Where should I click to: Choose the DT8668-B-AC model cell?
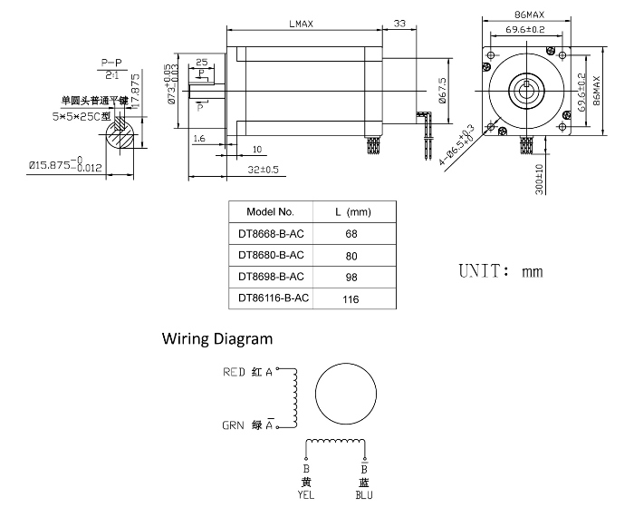(x=270, y=233)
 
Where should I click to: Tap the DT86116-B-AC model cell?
(x=270, y=297)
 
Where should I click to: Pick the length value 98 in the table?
(x=351, y=276)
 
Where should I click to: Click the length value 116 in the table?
(x=351, y=297)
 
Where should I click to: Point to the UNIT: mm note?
(x=500, y=271)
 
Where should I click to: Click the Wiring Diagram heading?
(x=216, y=339)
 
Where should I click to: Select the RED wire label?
(x=234, y=371)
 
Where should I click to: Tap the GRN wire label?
(x=234, y=425)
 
